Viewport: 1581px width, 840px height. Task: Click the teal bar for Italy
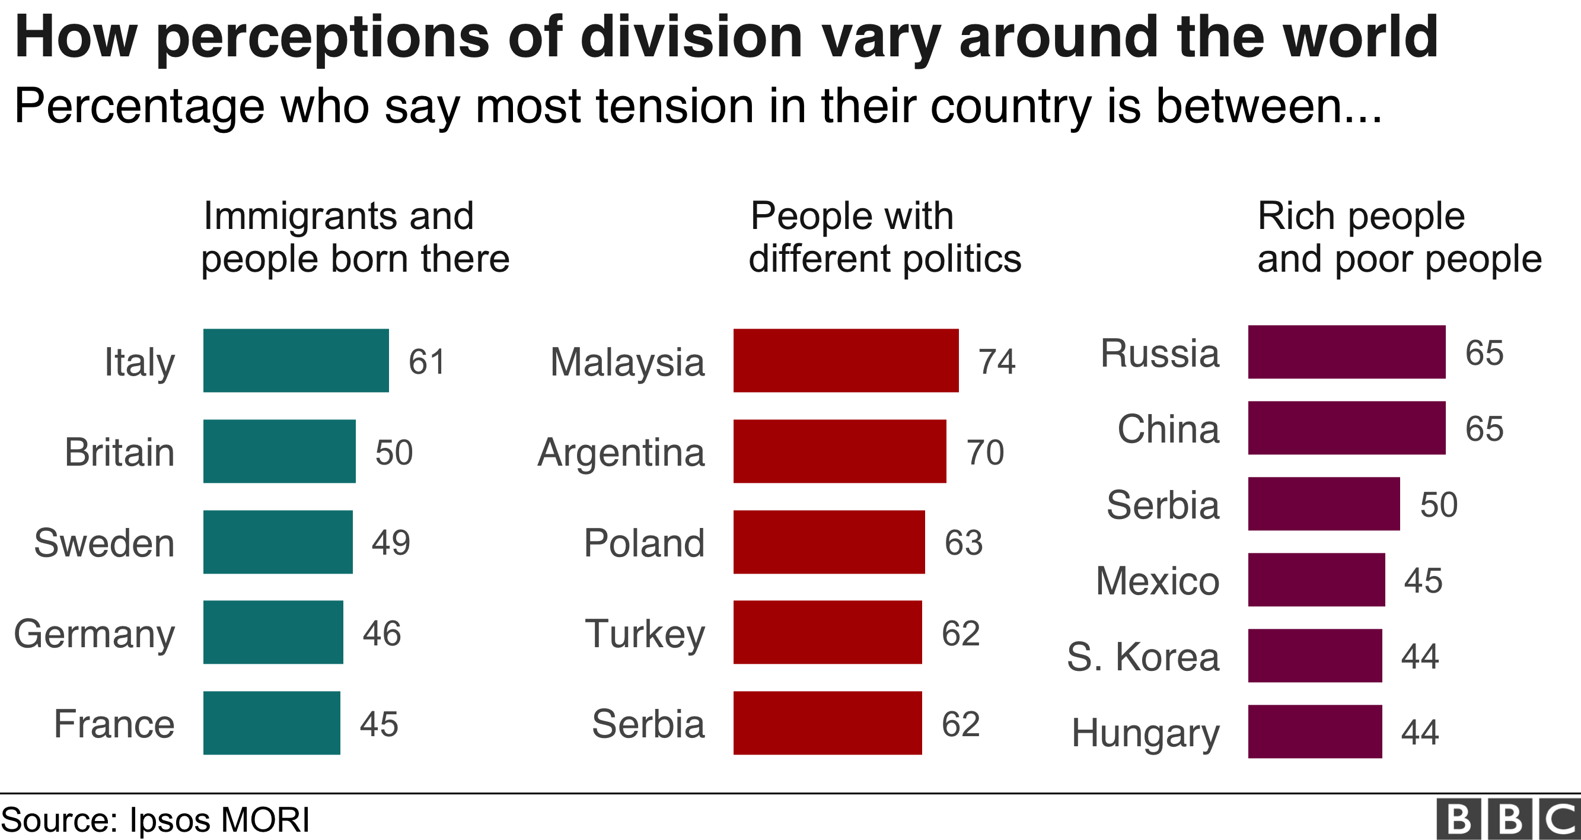point(296,361)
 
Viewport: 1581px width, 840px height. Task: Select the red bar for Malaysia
point(846,361)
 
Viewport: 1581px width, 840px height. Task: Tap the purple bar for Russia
point(1347,352)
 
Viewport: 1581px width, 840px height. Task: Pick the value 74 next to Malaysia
point(997,361)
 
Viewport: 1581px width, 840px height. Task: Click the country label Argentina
point(621,453)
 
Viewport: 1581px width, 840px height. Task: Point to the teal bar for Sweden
point(278,542)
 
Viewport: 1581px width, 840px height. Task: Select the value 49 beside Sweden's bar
point(391,542)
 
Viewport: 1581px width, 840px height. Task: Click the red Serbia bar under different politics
point(827,723)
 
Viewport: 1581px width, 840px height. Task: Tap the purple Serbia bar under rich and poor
point(1324,504)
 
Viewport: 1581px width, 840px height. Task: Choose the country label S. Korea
point(1143,657)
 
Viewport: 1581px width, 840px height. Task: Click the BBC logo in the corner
point(1509,819)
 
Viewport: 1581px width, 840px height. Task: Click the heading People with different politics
point(884,237)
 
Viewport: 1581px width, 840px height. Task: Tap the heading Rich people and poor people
point(1399,237)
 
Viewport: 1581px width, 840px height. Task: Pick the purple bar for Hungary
point(1315,731)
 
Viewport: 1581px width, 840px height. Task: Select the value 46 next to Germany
point(382,633)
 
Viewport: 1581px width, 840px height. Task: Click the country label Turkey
point(645,633)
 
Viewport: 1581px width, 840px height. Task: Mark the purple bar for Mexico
point(1317,580)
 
